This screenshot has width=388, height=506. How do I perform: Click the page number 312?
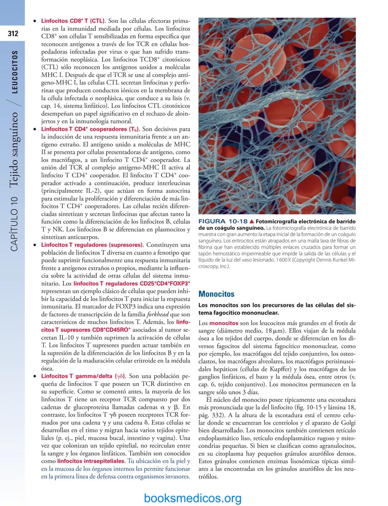(x=13, y=34)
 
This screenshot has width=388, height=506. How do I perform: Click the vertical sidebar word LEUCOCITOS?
(x=15, y=72)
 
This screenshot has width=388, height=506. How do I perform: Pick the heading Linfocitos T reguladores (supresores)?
(x=92, y=245)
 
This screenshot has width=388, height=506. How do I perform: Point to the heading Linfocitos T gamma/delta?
(x=83, y=376)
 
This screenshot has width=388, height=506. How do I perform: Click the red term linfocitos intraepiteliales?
(x=91, y=461)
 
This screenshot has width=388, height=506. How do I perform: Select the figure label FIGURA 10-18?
(x=223, y=221)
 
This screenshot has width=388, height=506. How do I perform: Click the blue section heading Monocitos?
(x=216, y=294)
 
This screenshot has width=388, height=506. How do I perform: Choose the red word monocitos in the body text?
(x=224, y=323)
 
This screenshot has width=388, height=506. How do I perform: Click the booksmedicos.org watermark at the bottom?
(x=193, y=498)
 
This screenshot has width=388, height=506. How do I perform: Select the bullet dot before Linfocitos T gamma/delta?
(x=34, y=377)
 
